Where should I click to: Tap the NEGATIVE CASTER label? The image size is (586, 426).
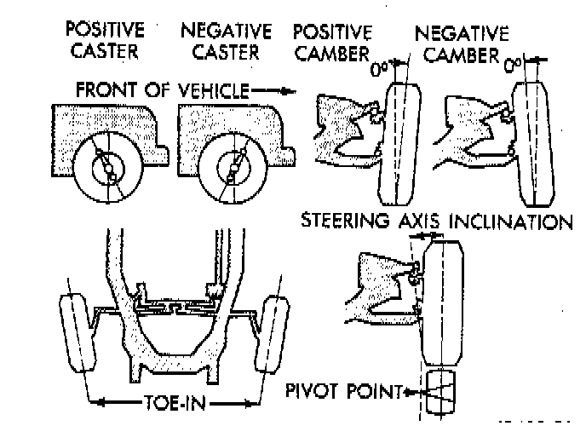point(227,41)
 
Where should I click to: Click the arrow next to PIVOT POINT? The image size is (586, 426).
point(411,393)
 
